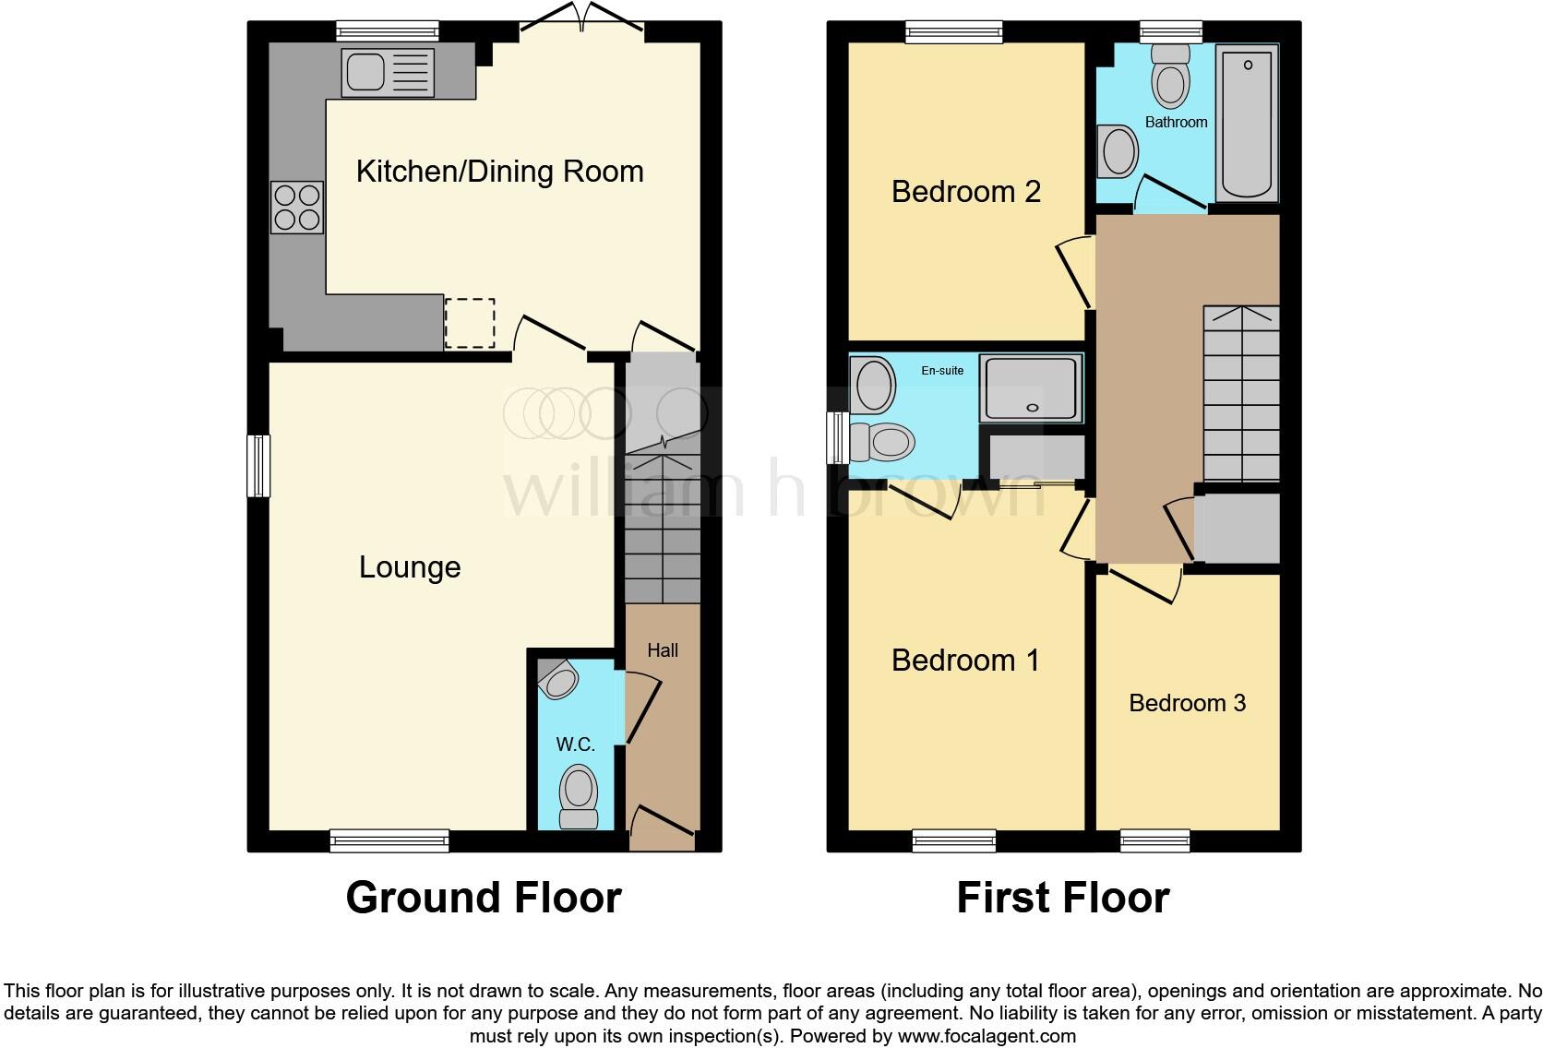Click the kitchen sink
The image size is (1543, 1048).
(x=388, y=73)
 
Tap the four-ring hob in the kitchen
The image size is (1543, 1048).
(x=297, y=208)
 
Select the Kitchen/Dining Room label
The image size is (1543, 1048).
(x=499, y=172)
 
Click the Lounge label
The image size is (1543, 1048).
(x=410, y=567)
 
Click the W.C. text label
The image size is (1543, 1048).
(x=575, y=744)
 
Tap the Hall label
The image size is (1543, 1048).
(x=663, y=650)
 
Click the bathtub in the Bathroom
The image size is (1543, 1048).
(x=1247, y=123)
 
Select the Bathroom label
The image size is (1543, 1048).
(x=1176, y=122)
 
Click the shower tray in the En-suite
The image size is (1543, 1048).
(x=1032, y=387)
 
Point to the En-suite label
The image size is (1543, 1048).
(x=942, y=371)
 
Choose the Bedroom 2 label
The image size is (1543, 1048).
(x=965, y=192)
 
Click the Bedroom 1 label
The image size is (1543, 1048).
(x=965, y=661)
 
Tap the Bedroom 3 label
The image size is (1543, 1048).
(x=1187, y=703)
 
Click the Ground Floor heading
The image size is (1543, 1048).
(x=484, y=898)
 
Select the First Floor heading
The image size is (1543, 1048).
(x=1062, y=898)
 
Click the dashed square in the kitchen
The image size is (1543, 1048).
(x=470, y=324)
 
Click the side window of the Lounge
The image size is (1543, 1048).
(x=259, y=466)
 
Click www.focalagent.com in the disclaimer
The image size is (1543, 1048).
(x=987, y=1036)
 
